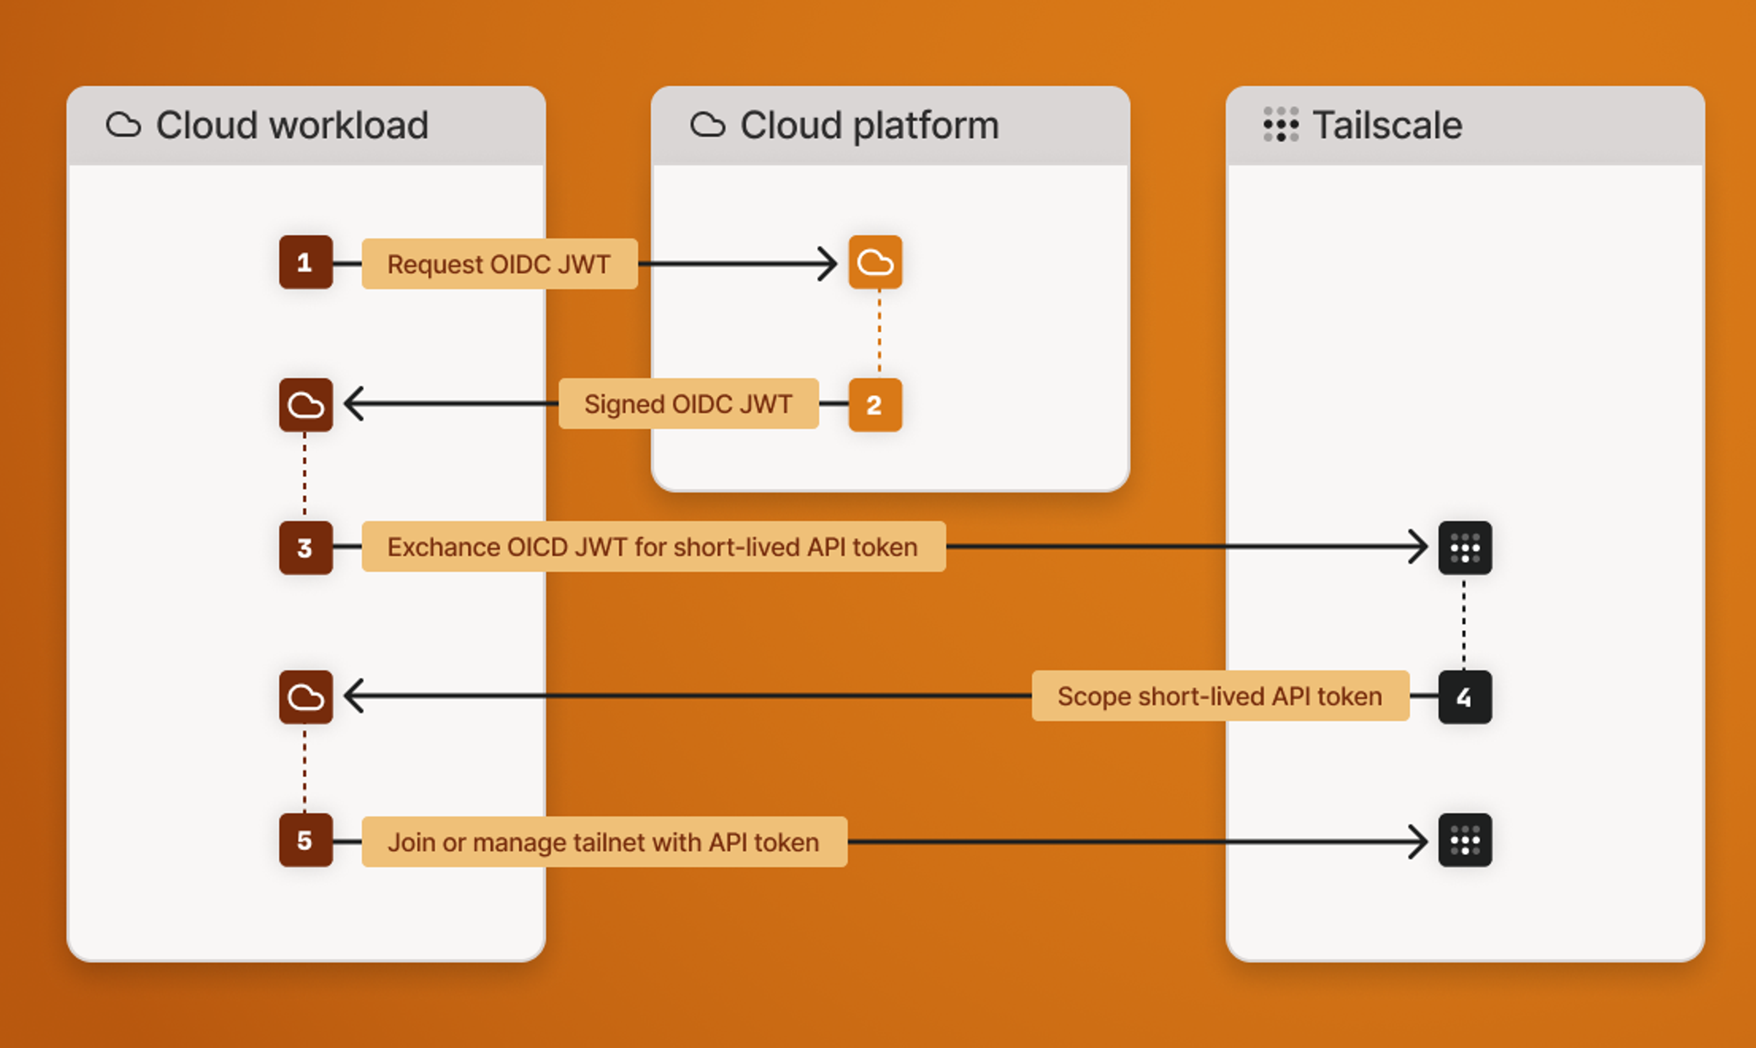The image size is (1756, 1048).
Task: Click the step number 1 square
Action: pyautogui.click(x=305, y=263)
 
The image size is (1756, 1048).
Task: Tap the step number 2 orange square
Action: pyautogui.click(x=875, y=405)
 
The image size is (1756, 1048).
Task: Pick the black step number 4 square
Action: pyautogui.click(x=1464, y=697)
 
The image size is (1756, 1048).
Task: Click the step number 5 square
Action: pyautogui.click(x=305, y=840)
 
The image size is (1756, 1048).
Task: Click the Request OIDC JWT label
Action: pyautogui.click(x=499, y=264)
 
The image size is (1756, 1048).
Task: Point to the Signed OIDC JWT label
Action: pyautogui.click(x=688, y=404)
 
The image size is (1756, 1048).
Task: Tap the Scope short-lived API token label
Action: pyautogui.click(x=1220, y=696)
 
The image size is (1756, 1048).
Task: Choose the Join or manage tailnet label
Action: pyautogui.click(x=604, y=842)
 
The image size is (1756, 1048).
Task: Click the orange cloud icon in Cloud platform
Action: pyautogui.click(x=875, y=263)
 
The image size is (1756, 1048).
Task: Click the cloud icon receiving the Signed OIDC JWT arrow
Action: pyautogui.click(x=305, y=405)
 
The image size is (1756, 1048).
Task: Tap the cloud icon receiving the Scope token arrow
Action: pyautogui.click(x=305, y=697)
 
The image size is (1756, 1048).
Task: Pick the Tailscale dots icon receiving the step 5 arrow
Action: pyautogui.click(x=1464, y=840)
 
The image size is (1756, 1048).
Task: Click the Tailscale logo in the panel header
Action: pyautogui.click(x=1280, y=125)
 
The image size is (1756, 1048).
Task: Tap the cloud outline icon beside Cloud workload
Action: pyautogui.click(x=123, y=125)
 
